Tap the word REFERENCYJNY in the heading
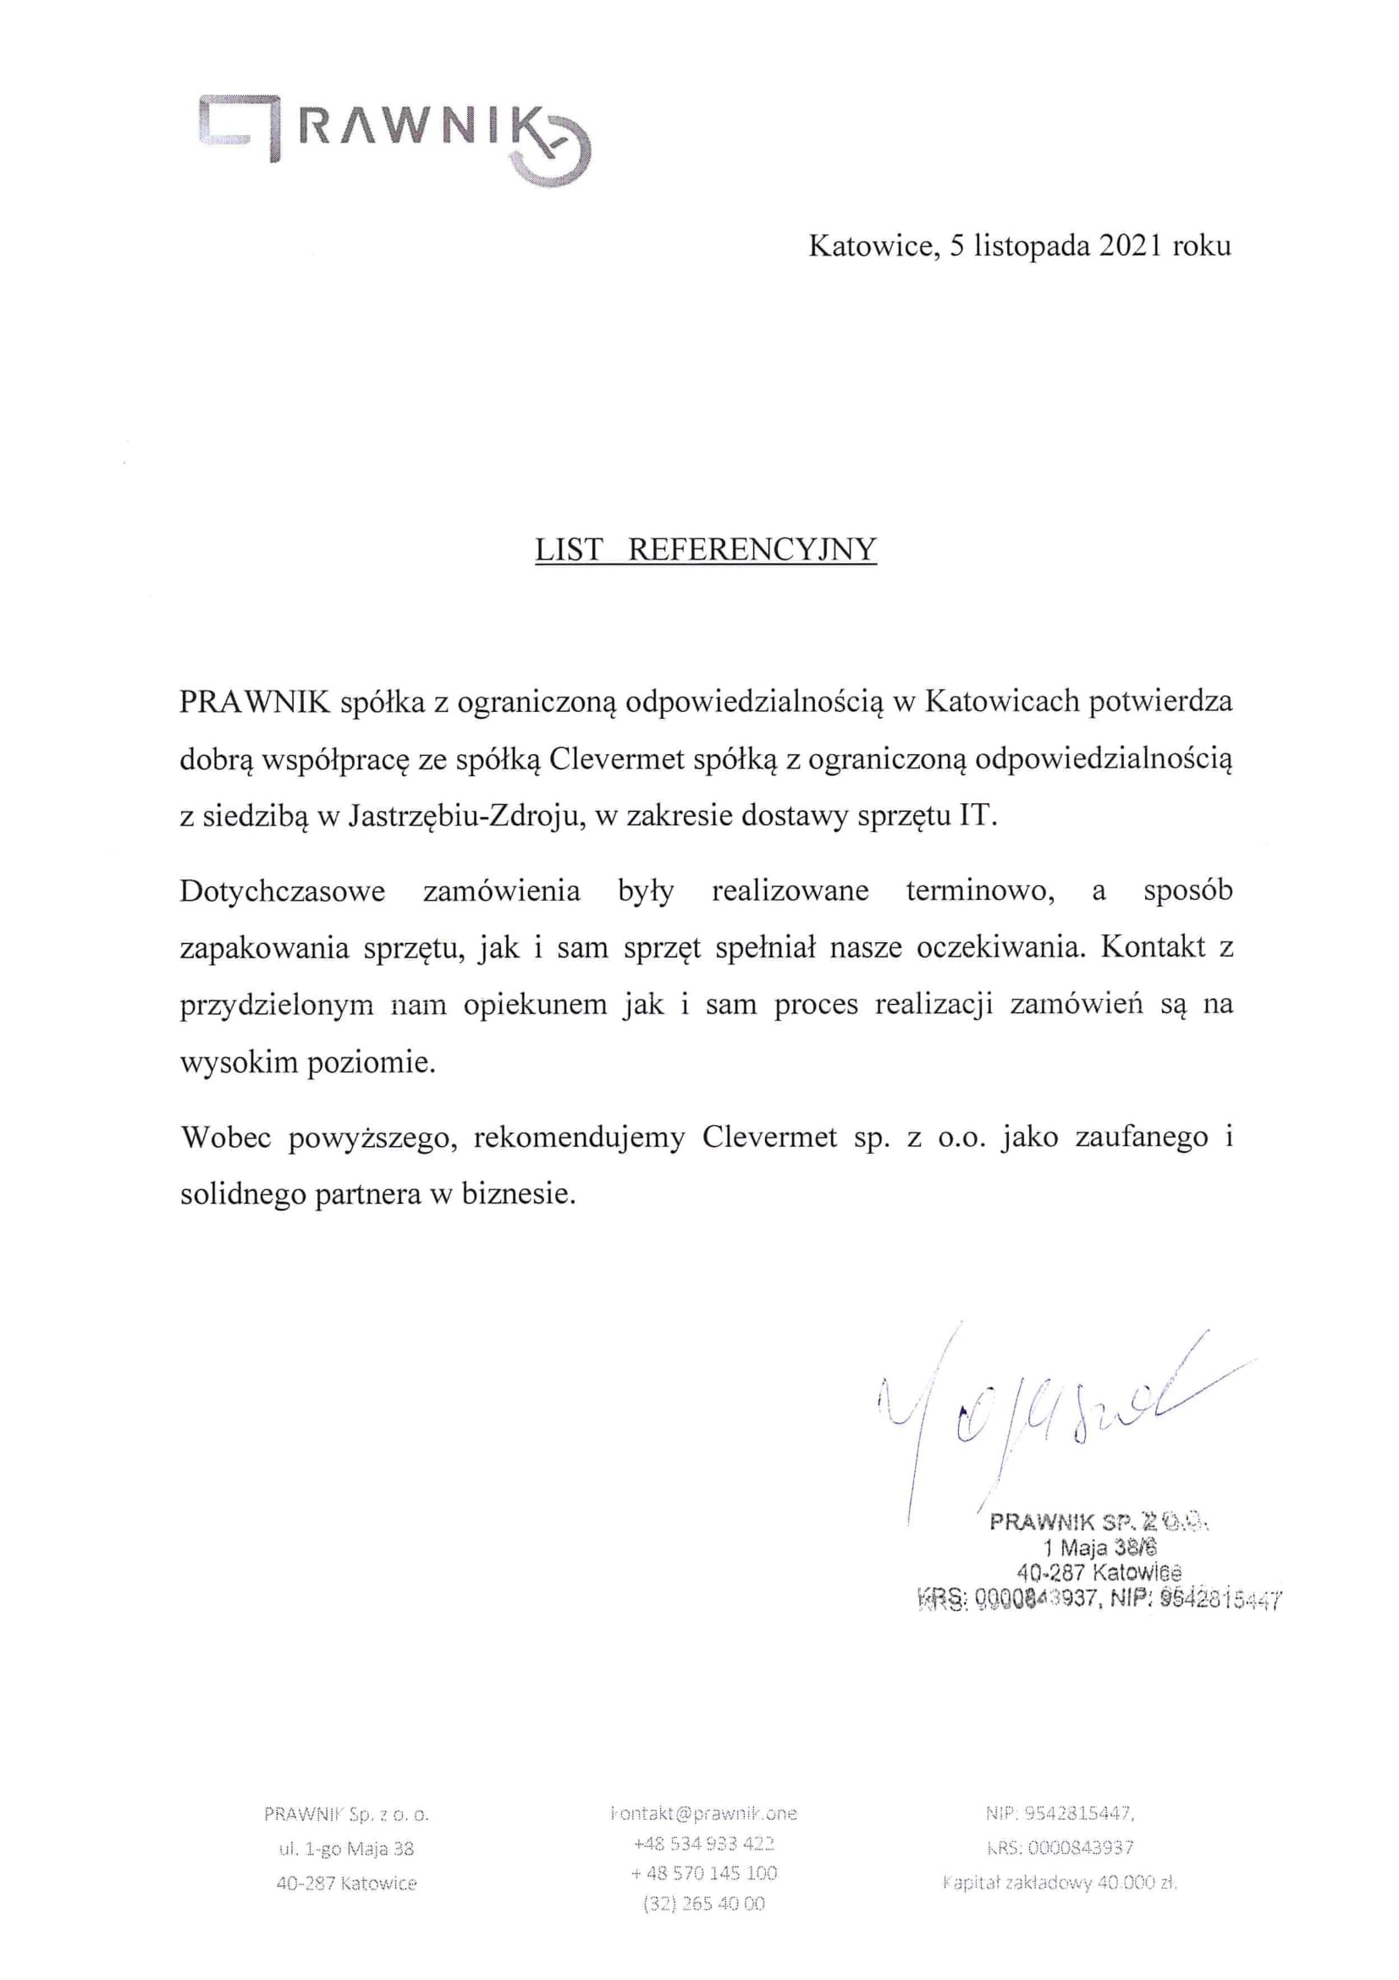(x=752, y=549)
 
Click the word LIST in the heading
(x=567, y=549)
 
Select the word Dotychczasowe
(x=282, y=891)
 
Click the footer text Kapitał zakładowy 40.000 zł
(x=1060, y=1883)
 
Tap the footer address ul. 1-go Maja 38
(x=346, y=1849)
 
